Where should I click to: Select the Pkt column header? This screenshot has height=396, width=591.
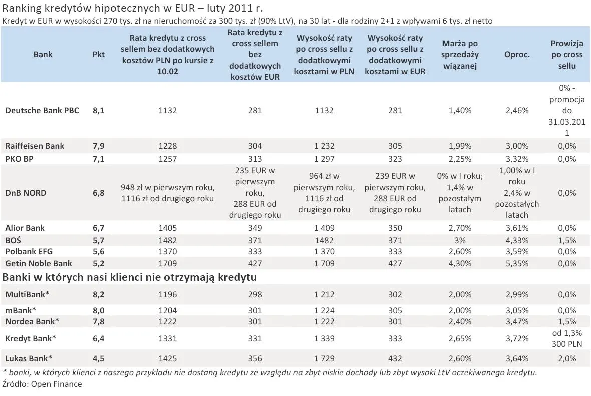pyautogui.click(x=99, y=55)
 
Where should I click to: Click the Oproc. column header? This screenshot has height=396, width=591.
pyautogui.click(x=517, y=55)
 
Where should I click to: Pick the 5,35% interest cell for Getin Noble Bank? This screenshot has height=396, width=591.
pyautogui.click(x=517, y=263)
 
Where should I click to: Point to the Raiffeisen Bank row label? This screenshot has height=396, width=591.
pyautogui.click(x=35, y=146)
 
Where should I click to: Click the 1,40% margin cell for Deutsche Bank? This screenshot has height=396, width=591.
pyautogui.click(x=460, y=111)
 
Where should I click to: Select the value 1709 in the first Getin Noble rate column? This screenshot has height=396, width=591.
pyautogui.click(x=167, y=263)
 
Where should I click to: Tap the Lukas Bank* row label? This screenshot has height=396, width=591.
pyautogui.click(x=29, y=358)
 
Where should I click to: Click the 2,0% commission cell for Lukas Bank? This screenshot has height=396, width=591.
pyautogui.click(x=567, y=358)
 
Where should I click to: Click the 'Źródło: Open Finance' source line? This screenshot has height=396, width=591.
pyautogui.click(x=42, y=384)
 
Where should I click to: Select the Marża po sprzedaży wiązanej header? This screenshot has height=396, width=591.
pyautogui.click(x=460, y=55)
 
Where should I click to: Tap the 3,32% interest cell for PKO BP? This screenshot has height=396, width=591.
pyautogui.click(x=517, y=159)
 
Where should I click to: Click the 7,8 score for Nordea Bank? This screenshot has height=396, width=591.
pyautogui.click(x=99, y=321)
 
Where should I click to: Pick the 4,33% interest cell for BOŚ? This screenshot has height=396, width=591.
pyautogui.click(x=517, y=240)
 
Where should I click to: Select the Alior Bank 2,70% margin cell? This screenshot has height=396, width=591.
pyautogui.click(x=460, y=228)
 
